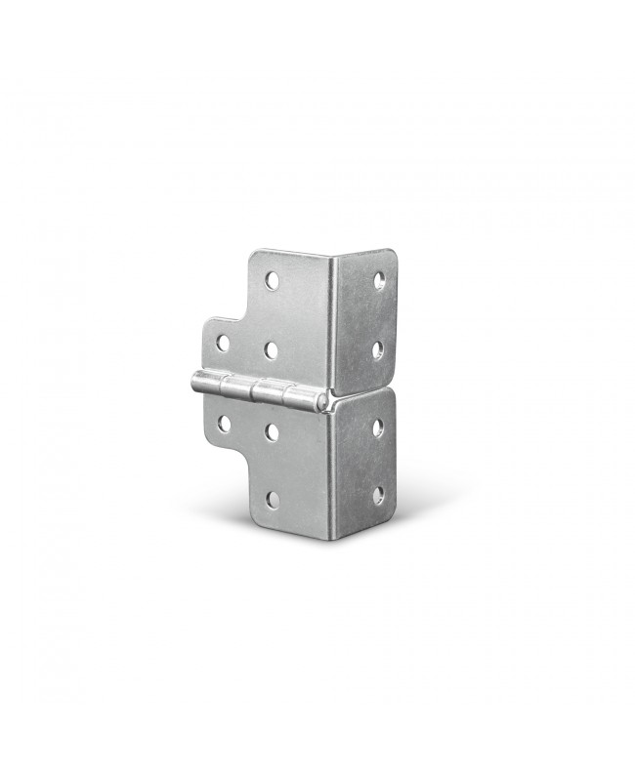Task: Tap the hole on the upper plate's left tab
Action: click(223, 343)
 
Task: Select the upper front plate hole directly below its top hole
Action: click(271, 349)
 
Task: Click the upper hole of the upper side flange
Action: click(379, 281)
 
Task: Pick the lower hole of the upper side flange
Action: click(378, 349)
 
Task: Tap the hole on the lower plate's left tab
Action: click(224, 424)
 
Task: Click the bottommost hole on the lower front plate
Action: click(273, 500)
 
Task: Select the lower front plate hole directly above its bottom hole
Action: click(272, 431)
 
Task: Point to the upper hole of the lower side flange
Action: click(378, 427)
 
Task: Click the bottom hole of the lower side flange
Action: click(378, 496)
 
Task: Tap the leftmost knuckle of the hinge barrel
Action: click(207, 383)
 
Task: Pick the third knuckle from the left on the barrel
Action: click(269, 392)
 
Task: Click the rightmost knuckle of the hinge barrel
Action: click(300, 397)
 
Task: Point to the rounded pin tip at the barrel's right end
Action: click(322, 401)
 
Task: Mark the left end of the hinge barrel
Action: click(193, 381)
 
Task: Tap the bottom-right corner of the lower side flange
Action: click(393, 515)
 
